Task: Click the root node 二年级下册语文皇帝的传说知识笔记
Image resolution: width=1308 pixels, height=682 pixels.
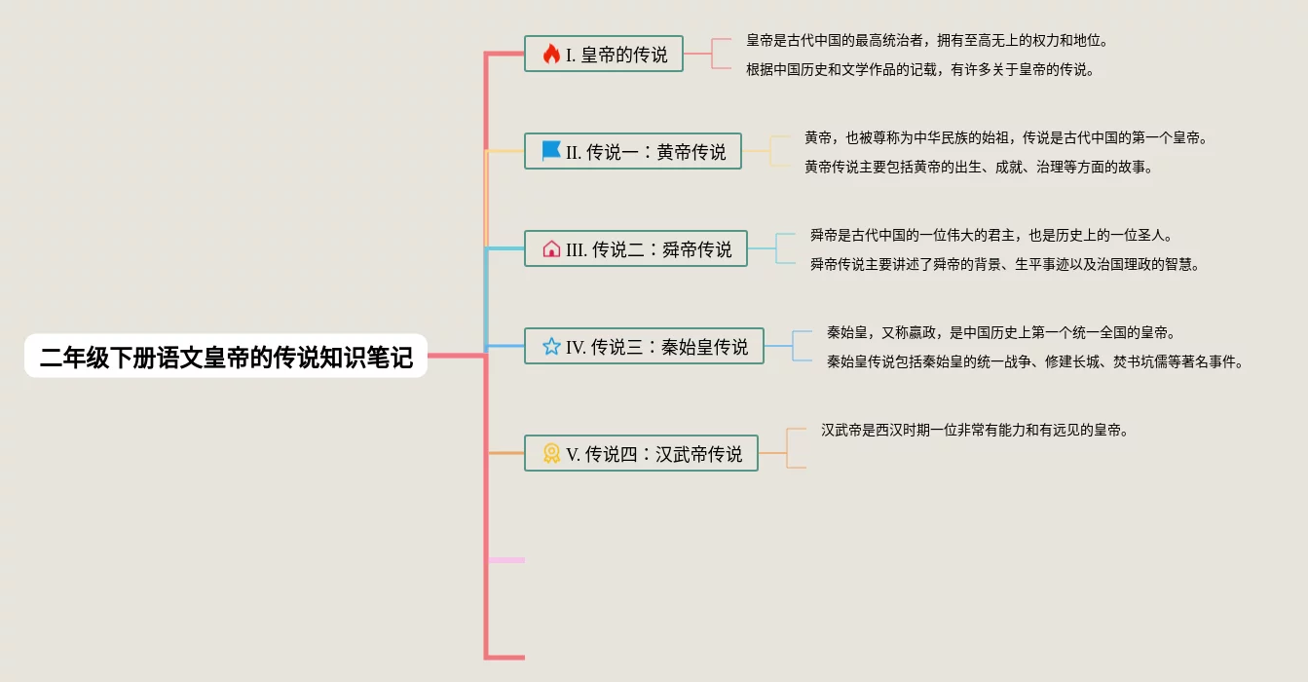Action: coord(226,357)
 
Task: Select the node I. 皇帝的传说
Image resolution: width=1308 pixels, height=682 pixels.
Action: coord(604,54)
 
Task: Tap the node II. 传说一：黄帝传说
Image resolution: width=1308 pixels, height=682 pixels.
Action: coord(633,151)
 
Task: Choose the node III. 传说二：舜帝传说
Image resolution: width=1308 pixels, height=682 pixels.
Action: coord(636,248)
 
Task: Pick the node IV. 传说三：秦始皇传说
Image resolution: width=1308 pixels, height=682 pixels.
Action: coord(644,346)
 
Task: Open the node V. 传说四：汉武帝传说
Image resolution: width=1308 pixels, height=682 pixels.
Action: coord(641,453)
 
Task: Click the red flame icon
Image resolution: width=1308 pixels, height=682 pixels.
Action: coord(551,54)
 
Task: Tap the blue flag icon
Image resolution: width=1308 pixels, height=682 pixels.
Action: coord(551,151)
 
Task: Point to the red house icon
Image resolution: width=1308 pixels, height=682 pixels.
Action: coord(551,248)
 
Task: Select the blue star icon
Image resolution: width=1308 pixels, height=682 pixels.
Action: coord(551,346)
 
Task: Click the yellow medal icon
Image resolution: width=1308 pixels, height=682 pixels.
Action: coord(551,453)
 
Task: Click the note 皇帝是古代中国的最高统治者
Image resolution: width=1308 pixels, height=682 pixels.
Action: coord(927,40)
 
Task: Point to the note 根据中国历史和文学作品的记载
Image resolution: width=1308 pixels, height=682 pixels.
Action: coord(920,69)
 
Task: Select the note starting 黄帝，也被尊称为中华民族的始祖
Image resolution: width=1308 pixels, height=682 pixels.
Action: coord(1006,137)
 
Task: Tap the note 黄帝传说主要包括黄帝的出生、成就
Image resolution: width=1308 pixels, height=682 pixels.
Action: coord(979,167)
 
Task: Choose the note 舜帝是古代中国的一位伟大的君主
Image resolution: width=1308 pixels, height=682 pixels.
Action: coord(991,235)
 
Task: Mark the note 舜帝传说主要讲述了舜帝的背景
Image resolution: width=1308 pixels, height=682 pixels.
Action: coord(1005,264)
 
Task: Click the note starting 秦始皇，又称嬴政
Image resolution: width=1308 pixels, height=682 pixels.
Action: coord(1001,332)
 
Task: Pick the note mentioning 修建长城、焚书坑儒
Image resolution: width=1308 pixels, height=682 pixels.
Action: coord(1035,361)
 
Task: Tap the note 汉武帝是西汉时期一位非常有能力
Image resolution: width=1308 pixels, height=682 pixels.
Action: coord(974,430)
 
